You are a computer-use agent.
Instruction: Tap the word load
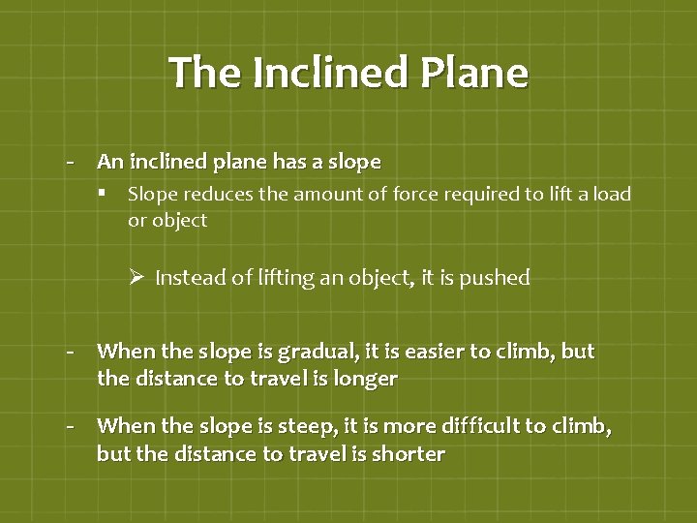click(x=610, y=194)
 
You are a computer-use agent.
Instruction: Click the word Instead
click(x=187, y=278)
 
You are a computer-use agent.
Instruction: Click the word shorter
click(x=407, y=453)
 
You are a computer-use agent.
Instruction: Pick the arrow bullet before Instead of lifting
click(x=136, y=278)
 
